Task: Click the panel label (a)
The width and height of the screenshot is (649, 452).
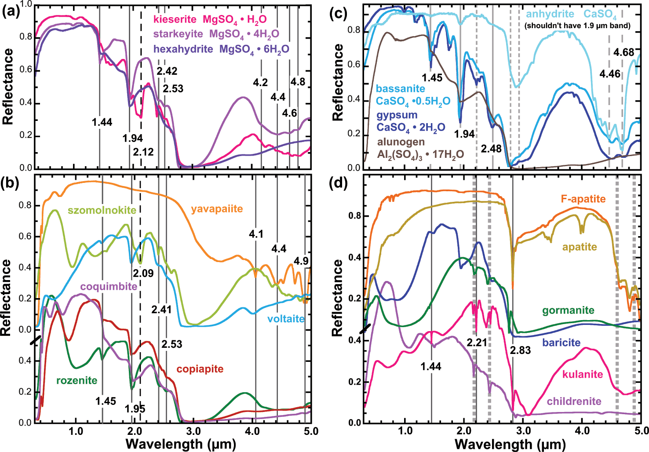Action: pos(11,12)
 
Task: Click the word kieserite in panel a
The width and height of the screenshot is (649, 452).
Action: pos(175,19)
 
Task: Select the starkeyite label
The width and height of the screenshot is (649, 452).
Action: pos(178,34)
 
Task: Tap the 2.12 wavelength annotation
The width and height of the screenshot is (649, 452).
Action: pos(143,152)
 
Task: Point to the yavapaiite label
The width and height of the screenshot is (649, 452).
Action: pos(217,209)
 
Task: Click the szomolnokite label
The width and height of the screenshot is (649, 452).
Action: pos(102,210)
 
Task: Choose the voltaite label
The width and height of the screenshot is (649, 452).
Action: pos(286,319)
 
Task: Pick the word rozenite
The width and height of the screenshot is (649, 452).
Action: pos(77,380)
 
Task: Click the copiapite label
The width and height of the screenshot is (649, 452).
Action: pos(200,369)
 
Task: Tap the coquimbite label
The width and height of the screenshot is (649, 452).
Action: pos(109,287)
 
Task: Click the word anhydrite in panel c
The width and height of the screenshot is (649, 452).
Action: pos(550,15)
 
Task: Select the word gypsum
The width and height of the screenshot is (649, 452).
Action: pos(397,115)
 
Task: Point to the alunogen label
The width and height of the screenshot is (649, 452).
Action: pos(401,142)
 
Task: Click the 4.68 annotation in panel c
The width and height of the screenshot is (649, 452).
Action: pos(624,53)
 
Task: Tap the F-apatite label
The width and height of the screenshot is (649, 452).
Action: pos(583,199)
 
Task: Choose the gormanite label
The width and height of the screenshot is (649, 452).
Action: pos(568,311)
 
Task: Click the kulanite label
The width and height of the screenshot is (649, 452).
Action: pos(583,374)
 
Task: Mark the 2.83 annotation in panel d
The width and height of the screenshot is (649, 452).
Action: pos(520,350)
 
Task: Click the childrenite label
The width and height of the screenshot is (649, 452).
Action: pos(574,401)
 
